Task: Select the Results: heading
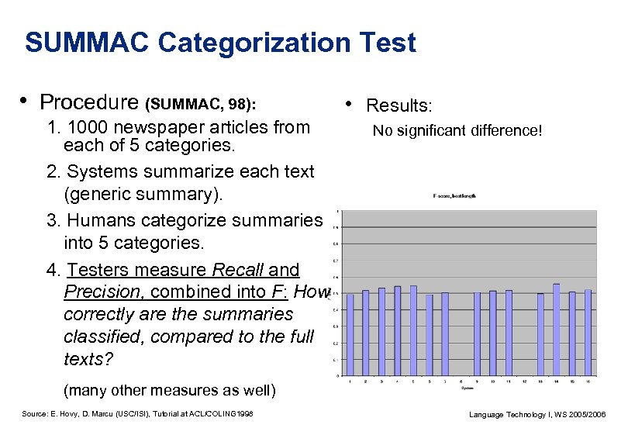pyautogui.click(x=399, y=105)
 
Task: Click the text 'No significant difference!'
pyautogui.click(x=457, y=130)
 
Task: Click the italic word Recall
pyautogui.click(x=236, y=270)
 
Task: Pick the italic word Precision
pyautogui.click(x=104, y=292)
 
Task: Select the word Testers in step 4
pyautogui.click(x=96, y=270)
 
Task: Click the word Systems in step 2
pyautogui.click(x=100, y=171)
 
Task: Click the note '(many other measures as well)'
pyautogui.click(x=170, y=388)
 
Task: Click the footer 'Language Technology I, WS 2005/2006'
pyautogui.click(x=537, y=415)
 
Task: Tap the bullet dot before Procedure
pyautogui.click(x=26, y=101)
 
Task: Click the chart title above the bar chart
pyautogui.click(x=454, y=196)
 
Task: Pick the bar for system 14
pyautogui.click(x=556, y=330)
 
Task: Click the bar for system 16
pyautogui.click(x=588, y=333)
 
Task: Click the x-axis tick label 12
pyautogui.click(x=524, y=381)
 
